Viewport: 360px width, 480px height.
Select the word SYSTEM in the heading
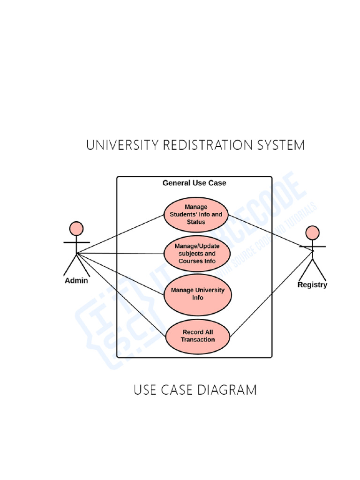coord(282,145)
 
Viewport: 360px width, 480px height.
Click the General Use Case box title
coord(194,183)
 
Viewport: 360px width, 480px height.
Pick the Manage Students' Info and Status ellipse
coord(196,214)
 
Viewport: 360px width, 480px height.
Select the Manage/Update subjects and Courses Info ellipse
coord(197,254)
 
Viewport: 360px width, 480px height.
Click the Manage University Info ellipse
coord(197,294)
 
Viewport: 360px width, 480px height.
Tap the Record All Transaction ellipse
coord(197,336)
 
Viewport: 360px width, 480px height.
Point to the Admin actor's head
coord(76,228)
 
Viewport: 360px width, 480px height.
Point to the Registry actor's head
coord(312,232)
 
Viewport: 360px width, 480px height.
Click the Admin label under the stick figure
coord(76,281)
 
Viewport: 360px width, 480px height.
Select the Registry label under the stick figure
coord(312,285)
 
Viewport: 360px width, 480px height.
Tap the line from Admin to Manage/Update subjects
coord(122,254)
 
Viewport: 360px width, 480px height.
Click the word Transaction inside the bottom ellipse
coord(197,340)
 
